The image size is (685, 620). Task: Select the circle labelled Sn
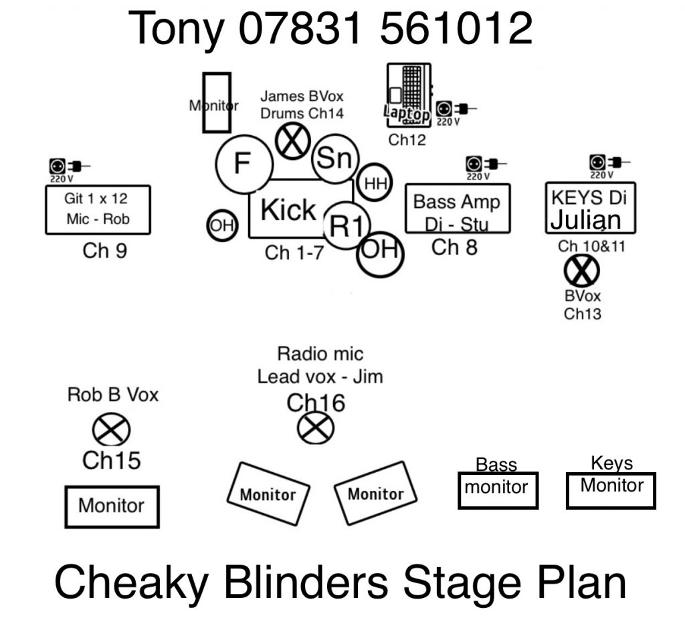pyautogui.click(x=335, y=159)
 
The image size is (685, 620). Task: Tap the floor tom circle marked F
pyautogui.click(x=244, y=163)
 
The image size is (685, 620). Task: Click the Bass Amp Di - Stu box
pyautogui.click(x=458, y=209)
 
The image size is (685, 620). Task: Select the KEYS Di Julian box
pyautogui.click(x=590, y=207)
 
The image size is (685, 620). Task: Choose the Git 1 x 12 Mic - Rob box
pyautogui.click(x=98, y=209)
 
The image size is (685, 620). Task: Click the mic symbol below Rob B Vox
pyautogui.click(x=111, y=430)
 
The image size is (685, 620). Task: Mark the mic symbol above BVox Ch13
pyautogui.click(x=581, y=272)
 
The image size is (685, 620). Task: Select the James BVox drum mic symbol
pyautogui.click(x=292, y=142)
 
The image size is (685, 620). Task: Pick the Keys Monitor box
pyautogui.click(x=611, y=490)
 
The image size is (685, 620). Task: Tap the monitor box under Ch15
pyautogui.click(x=112, y=506)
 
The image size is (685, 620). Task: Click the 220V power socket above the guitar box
pyautogui.click(x=58, y=165)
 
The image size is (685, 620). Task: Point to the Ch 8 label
pyautogui.click(x=454, y=247)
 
